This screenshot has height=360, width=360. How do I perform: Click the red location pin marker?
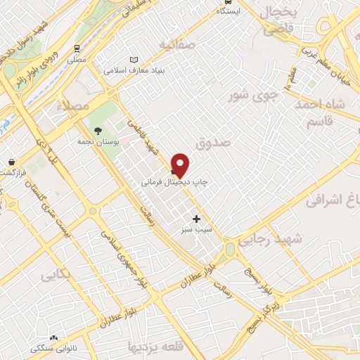(x=181, y=165)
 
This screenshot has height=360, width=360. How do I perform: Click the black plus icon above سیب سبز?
(x=196, y=219)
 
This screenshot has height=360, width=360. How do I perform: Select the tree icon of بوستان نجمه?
(x=98, y=129)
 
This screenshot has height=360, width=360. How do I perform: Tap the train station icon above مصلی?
(x=76, y=49)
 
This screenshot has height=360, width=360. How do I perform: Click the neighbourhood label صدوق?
(x=214, y=142)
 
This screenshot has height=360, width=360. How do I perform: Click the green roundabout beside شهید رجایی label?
(x=230, y=250)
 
